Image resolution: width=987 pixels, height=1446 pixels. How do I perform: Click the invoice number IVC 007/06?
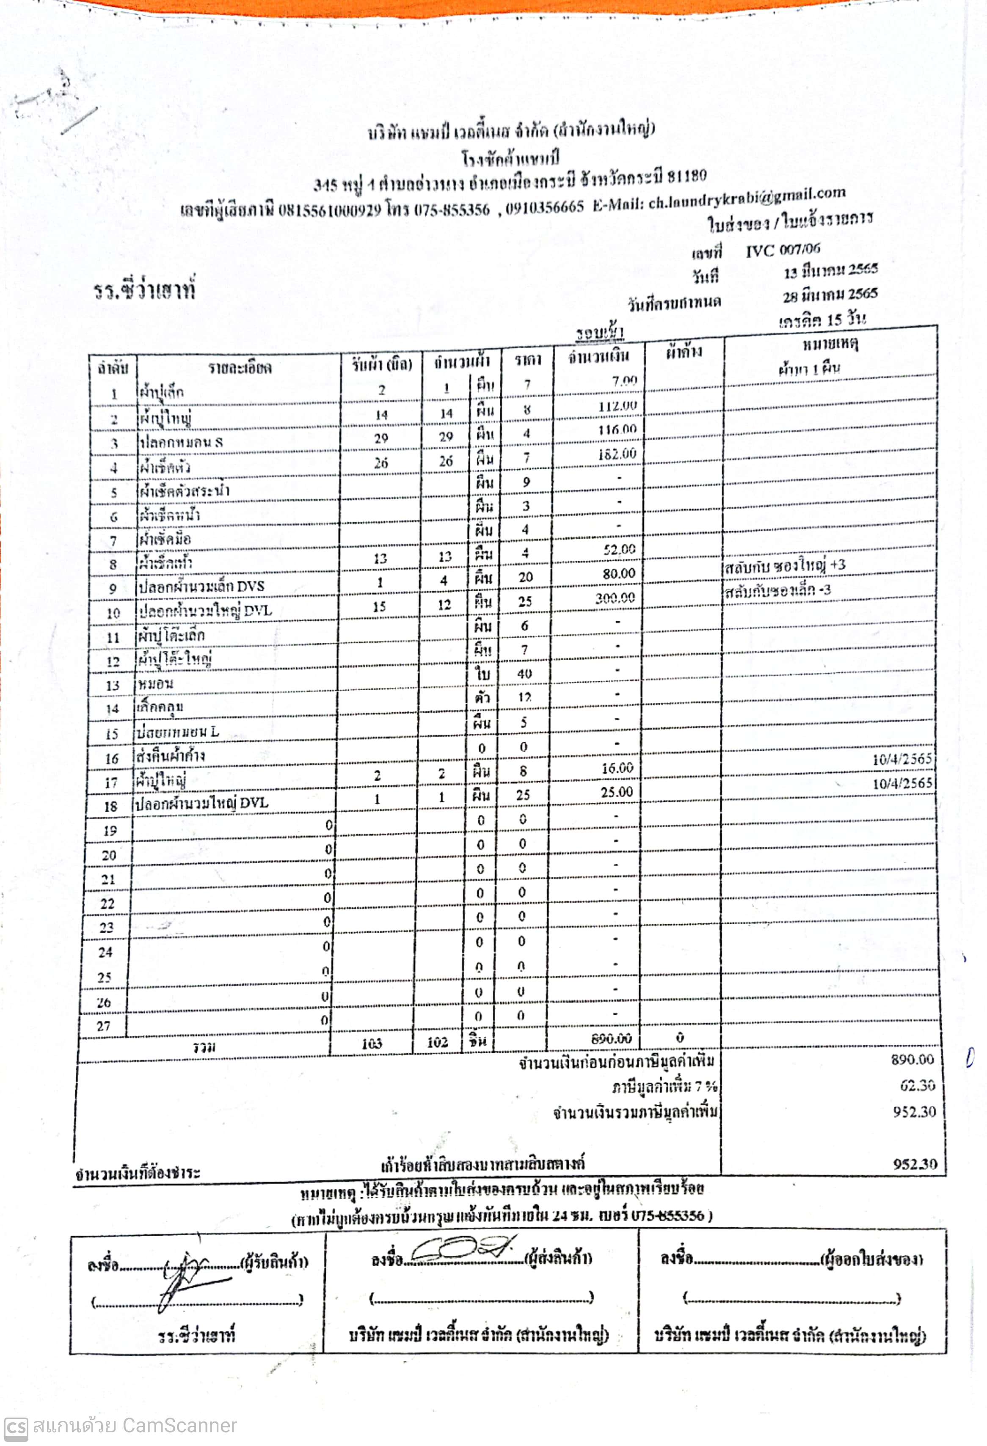pos(783,250)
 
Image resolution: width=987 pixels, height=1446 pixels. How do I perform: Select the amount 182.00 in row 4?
pos(617,454)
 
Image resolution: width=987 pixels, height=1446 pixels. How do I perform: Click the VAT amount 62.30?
pos(917,1085)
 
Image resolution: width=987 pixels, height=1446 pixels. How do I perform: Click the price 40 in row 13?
pos(524,674)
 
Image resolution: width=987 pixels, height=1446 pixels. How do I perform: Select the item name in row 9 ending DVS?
pos(201,586)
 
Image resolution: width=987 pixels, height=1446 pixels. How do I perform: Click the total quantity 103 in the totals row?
pos(372,1043)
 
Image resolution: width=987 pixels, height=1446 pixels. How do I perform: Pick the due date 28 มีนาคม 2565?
pos(830,294)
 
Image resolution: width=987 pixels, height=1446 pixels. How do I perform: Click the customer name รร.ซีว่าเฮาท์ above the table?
pos(144,290)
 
